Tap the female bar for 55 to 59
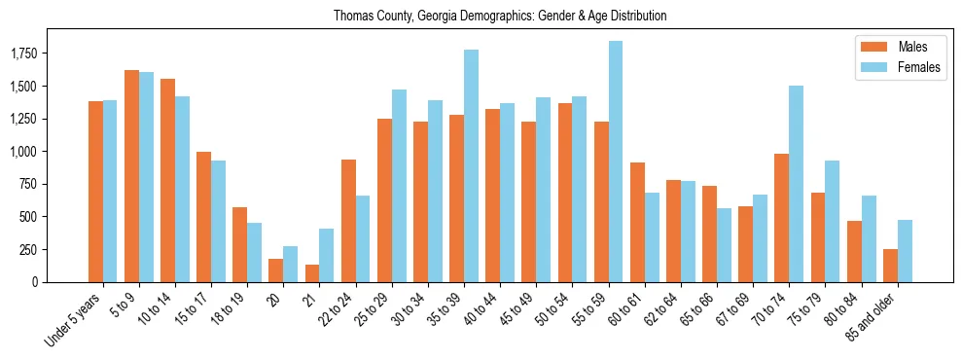(x=615, y=162)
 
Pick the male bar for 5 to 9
(x=131, y=176)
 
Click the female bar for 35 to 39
(x=471, y=165)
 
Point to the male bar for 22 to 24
(x=348, y=221)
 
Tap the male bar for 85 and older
(x=890, y=266)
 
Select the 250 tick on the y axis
(x=43, y=250)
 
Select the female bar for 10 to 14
(x=182, y=189)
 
